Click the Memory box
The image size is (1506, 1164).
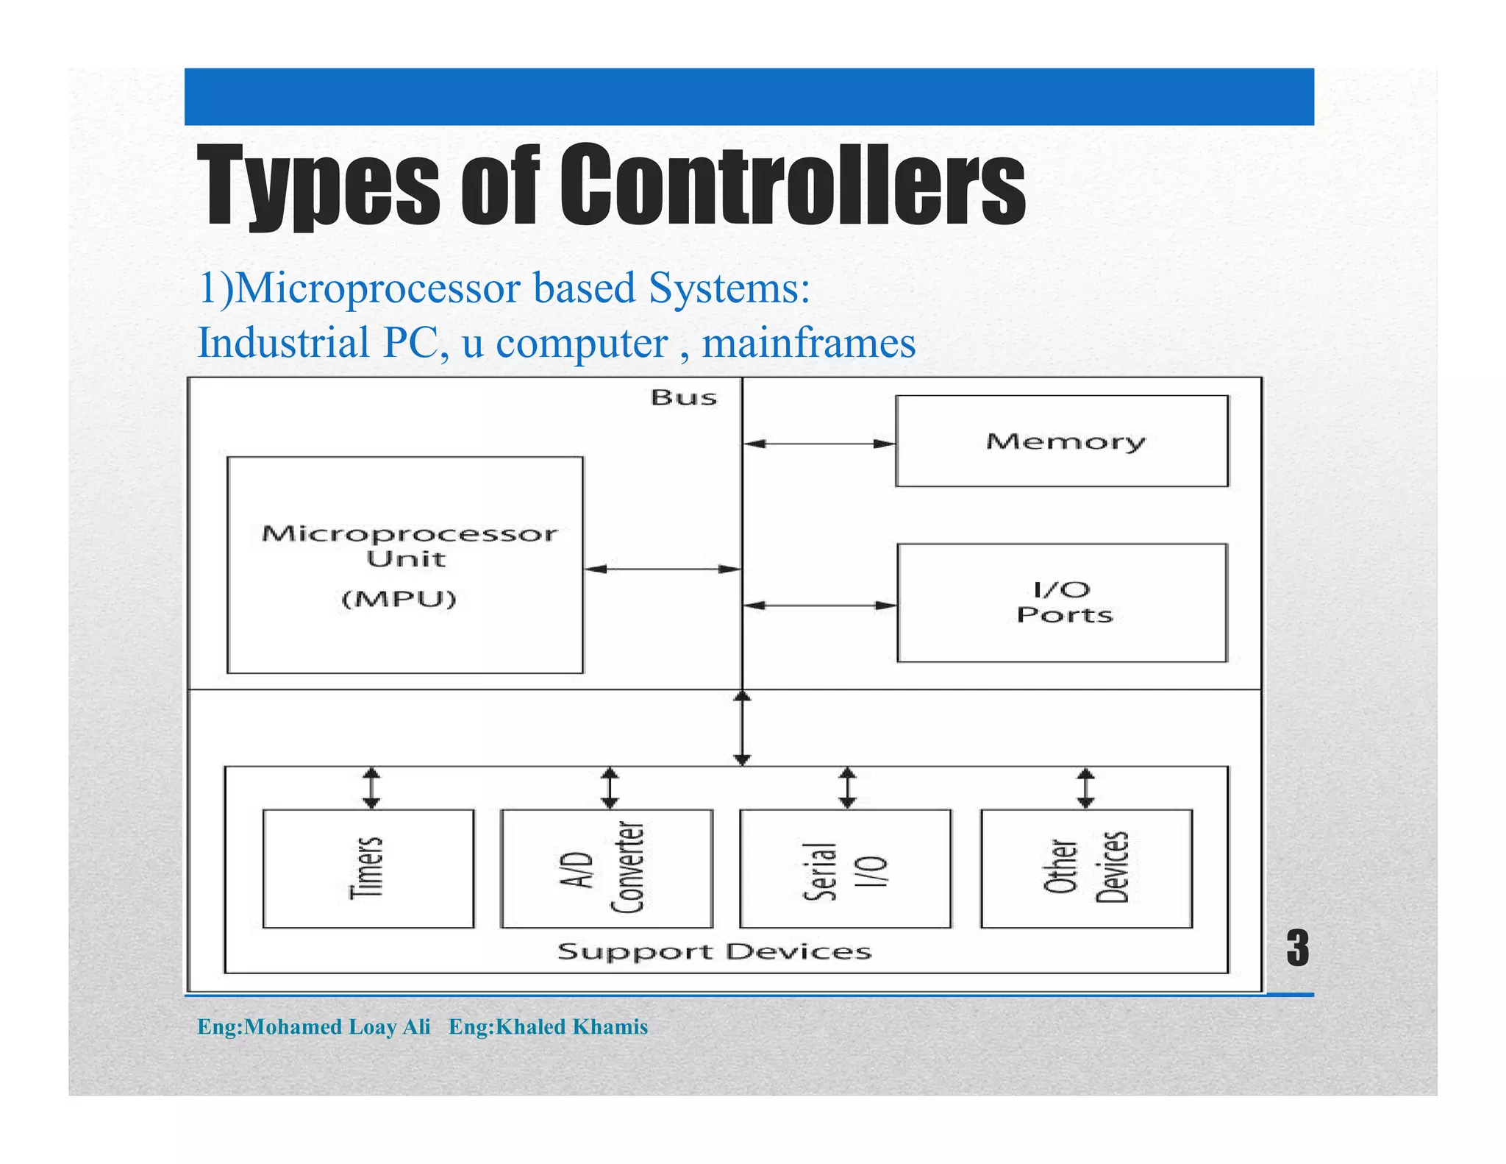[1061, 441]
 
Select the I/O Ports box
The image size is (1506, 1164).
[1062, 603]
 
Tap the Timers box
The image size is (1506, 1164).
[368, 868]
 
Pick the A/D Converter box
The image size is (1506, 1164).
[606, 868]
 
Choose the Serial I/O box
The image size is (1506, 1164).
[845, 868]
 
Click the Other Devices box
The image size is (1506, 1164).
[1086, 868]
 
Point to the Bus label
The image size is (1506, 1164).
[683, 398]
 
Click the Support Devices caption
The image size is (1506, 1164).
[714, 951]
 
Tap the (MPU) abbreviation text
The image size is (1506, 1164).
[399, 599]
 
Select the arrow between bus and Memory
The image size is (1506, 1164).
[819, 444]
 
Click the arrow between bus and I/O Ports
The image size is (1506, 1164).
[819, 606]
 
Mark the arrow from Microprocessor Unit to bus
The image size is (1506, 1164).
[663, 569]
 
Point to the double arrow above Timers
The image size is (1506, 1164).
[371, 788]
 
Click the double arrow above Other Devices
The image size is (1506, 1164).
[1085, 788]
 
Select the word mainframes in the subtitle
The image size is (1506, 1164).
[809, 343]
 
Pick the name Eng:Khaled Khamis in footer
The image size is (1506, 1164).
[548, 1026]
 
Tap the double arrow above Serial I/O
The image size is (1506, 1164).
[847, 788]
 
